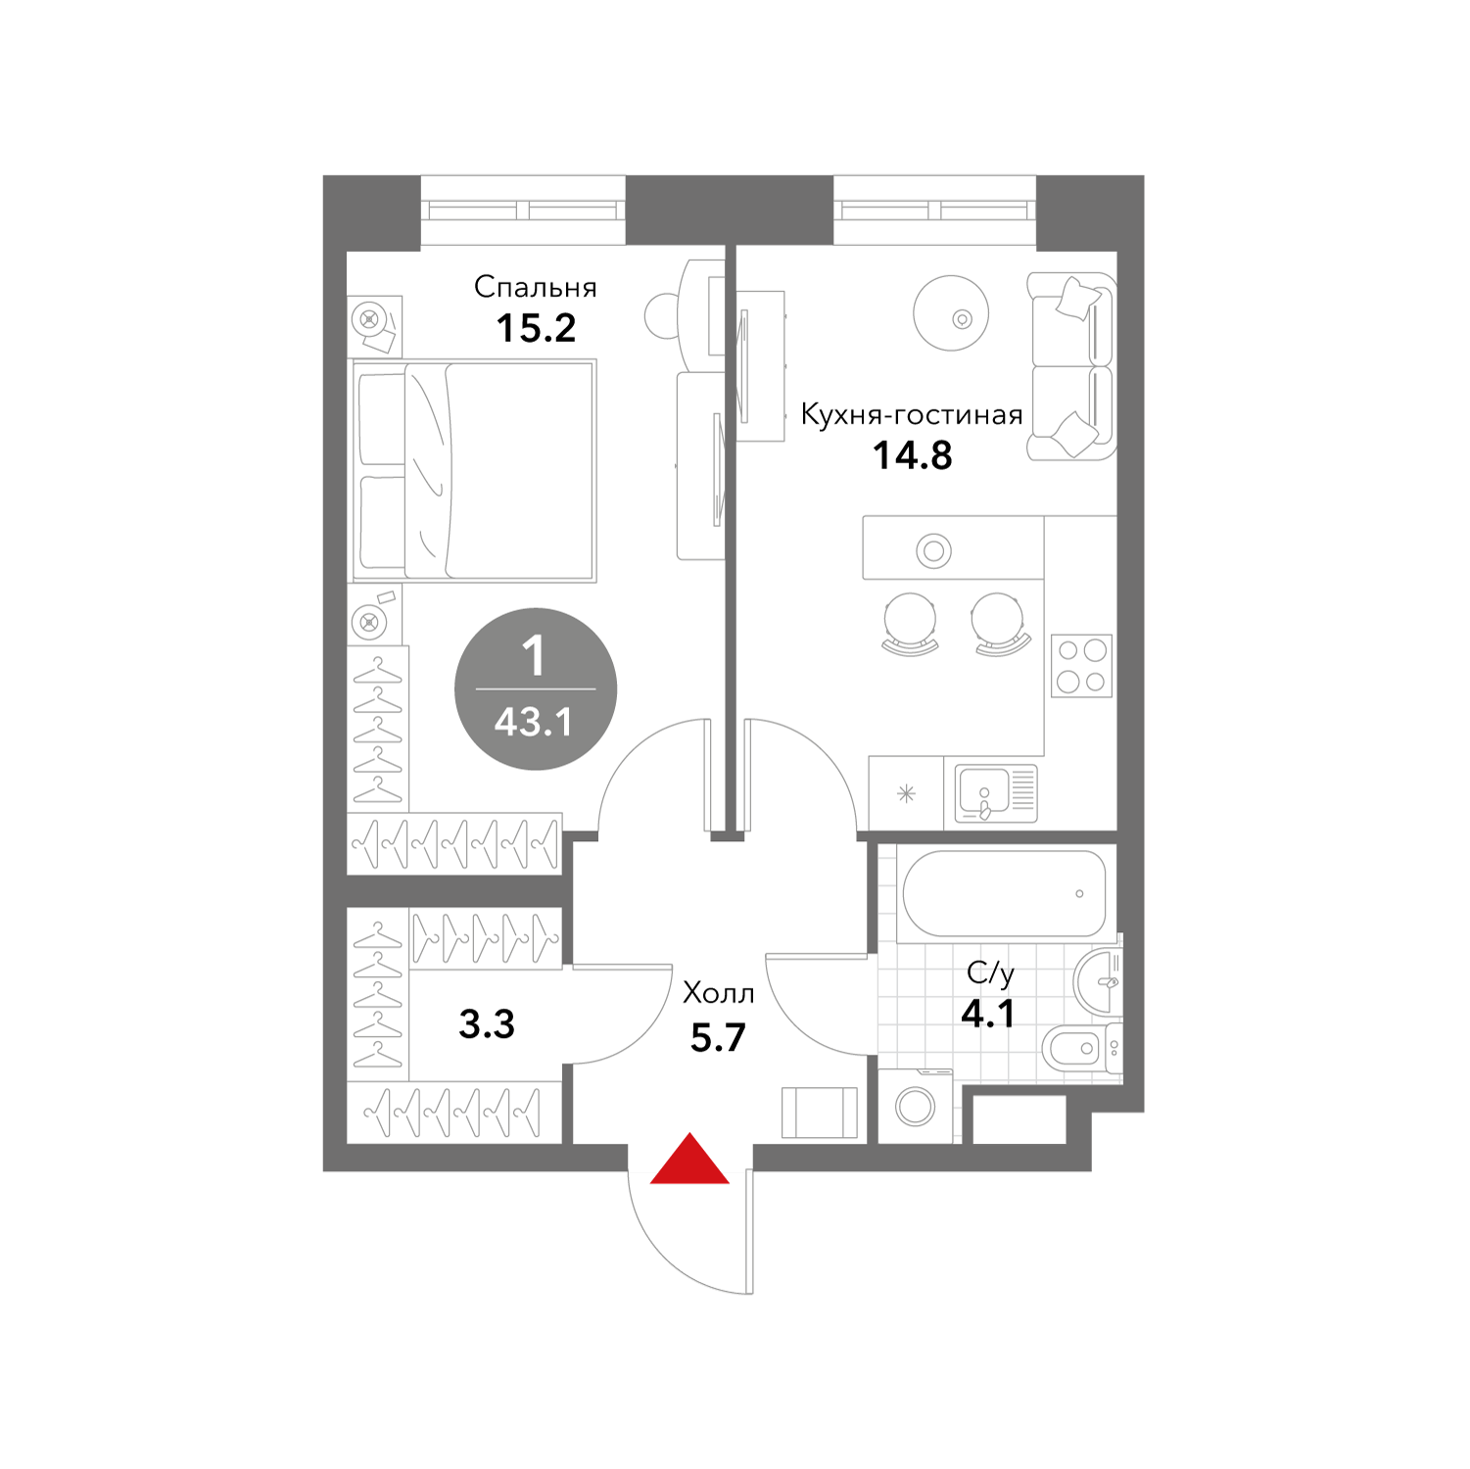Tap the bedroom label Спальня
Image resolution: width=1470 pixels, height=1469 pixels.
536,287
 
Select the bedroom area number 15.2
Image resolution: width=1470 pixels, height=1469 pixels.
536,328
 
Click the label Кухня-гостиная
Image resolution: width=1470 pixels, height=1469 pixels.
912,414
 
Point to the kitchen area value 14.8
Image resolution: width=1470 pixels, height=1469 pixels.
913,455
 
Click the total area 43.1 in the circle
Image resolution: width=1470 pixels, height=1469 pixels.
534,723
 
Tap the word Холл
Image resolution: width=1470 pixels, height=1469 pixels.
719,993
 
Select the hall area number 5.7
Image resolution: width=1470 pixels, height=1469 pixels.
718,1037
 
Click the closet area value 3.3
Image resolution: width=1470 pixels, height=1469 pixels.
487,1024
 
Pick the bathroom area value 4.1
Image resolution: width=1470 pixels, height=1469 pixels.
988,1014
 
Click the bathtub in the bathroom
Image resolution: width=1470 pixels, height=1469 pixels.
1004,893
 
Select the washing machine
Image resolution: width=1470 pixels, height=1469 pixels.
917,1106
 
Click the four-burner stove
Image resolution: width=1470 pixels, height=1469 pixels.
1082,666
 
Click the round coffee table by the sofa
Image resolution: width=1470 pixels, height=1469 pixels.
951,313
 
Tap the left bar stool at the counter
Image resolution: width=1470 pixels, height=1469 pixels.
910,623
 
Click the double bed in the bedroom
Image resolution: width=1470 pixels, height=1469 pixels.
474,471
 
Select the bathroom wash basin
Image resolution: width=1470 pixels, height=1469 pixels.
1099,981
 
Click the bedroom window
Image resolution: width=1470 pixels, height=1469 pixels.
524,210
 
